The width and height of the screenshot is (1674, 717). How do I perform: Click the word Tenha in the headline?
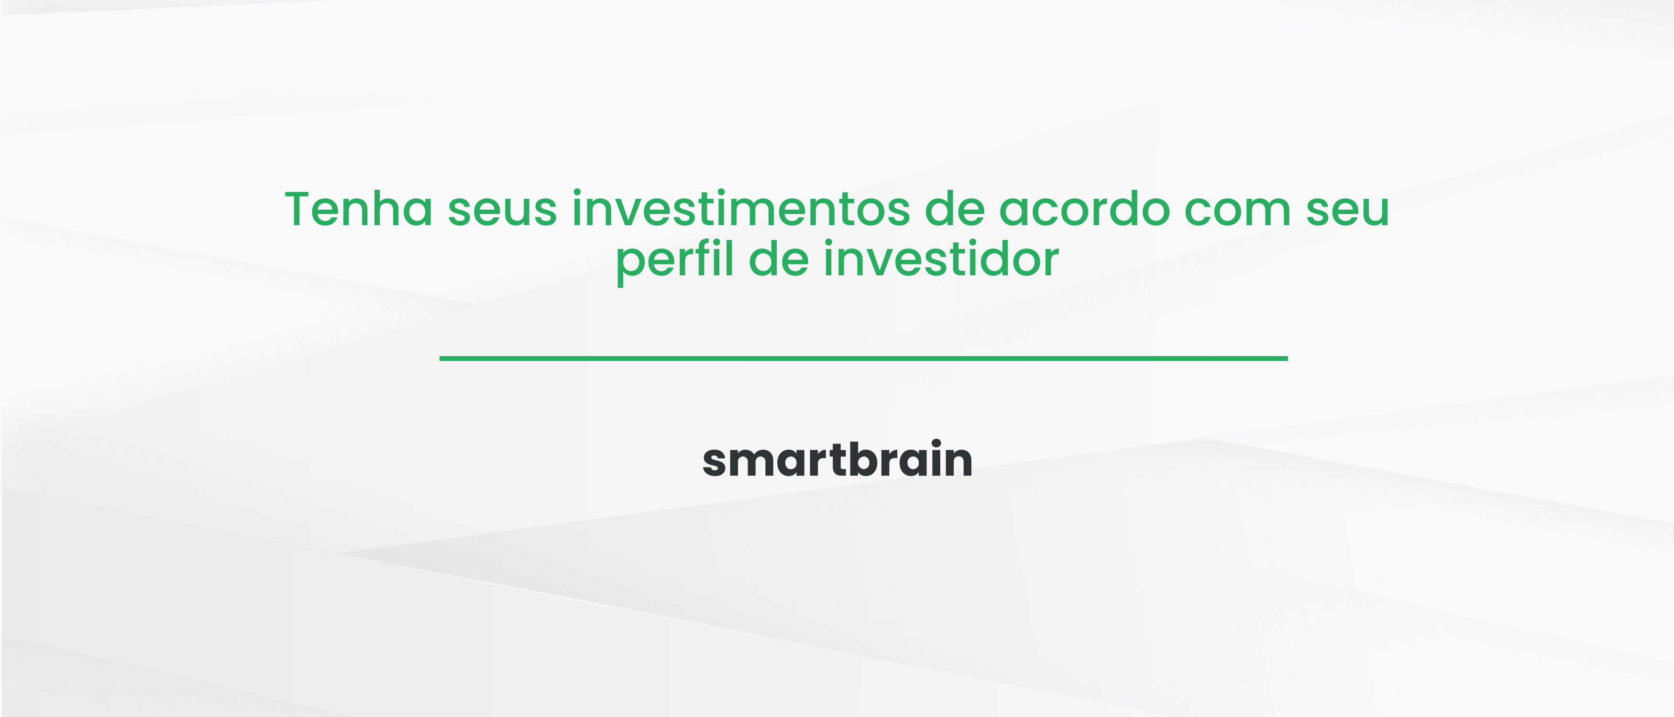(359, 209)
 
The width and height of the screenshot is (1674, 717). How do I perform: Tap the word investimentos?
(741, 209)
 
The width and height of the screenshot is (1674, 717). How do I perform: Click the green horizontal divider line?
(863, 358)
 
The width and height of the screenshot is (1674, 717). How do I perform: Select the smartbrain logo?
(837, 460)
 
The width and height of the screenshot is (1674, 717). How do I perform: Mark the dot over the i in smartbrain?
(936, 444)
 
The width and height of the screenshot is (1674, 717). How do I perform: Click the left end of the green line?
(442, 358)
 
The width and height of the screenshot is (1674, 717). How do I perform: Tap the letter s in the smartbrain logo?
(717, 462)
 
